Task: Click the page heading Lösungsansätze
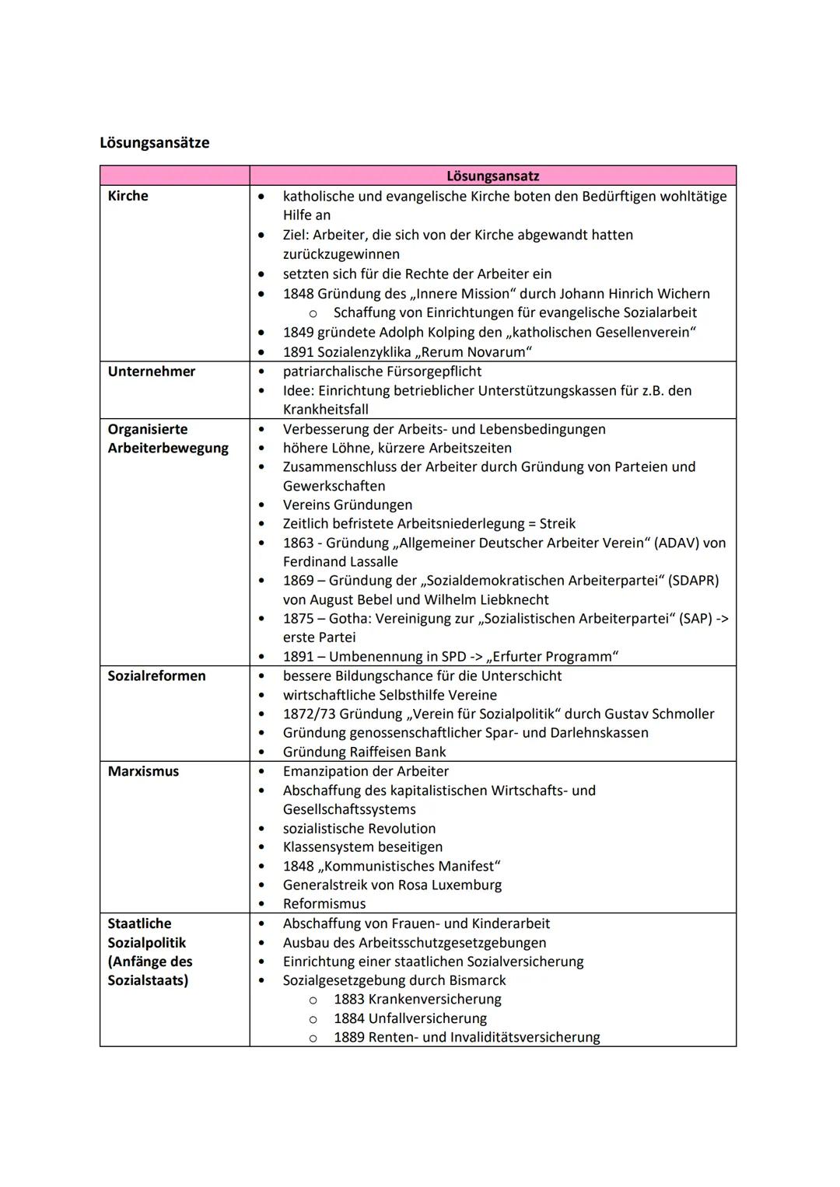[x=154, y=143]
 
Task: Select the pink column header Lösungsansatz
[x=492, y=176]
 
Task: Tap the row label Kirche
[x=128, y=196]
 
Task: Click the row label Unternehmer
[x=151, y=372]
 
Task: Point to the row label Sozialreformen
[x=156, y=676]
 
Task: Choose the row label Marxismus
[x=143, y=771]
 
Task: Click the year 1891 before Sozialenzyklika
[x=298, y=352]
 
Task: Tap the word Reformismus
[x=324, y=904]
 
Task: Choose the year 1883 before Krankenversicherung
[x=349, y=1000]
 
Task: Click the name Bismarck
[x=477, y=980]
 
